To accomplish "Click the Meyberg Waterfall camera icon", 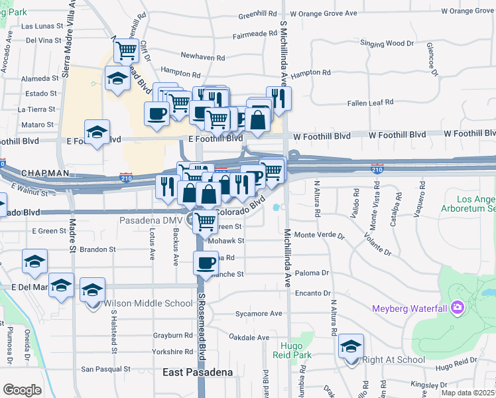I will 457,308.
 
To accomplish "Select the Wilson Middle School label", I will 149,304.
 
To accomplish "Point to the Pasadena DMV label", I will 152,220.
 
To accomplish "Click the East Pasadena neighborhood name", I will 198,373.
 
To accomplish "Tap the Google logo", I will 22,389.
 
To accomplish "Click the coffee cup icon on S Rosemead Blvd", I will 205,263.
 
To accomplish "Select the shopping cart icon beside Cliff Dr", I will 125,50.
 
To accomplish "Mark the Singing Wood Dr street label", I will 387,44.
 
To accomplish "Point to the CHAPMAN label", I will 45,173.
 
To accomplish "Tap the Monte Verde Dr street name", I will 320,235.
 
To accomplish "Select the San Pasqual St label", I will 105,369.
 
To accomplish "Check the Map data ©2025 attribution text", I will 468,393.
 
